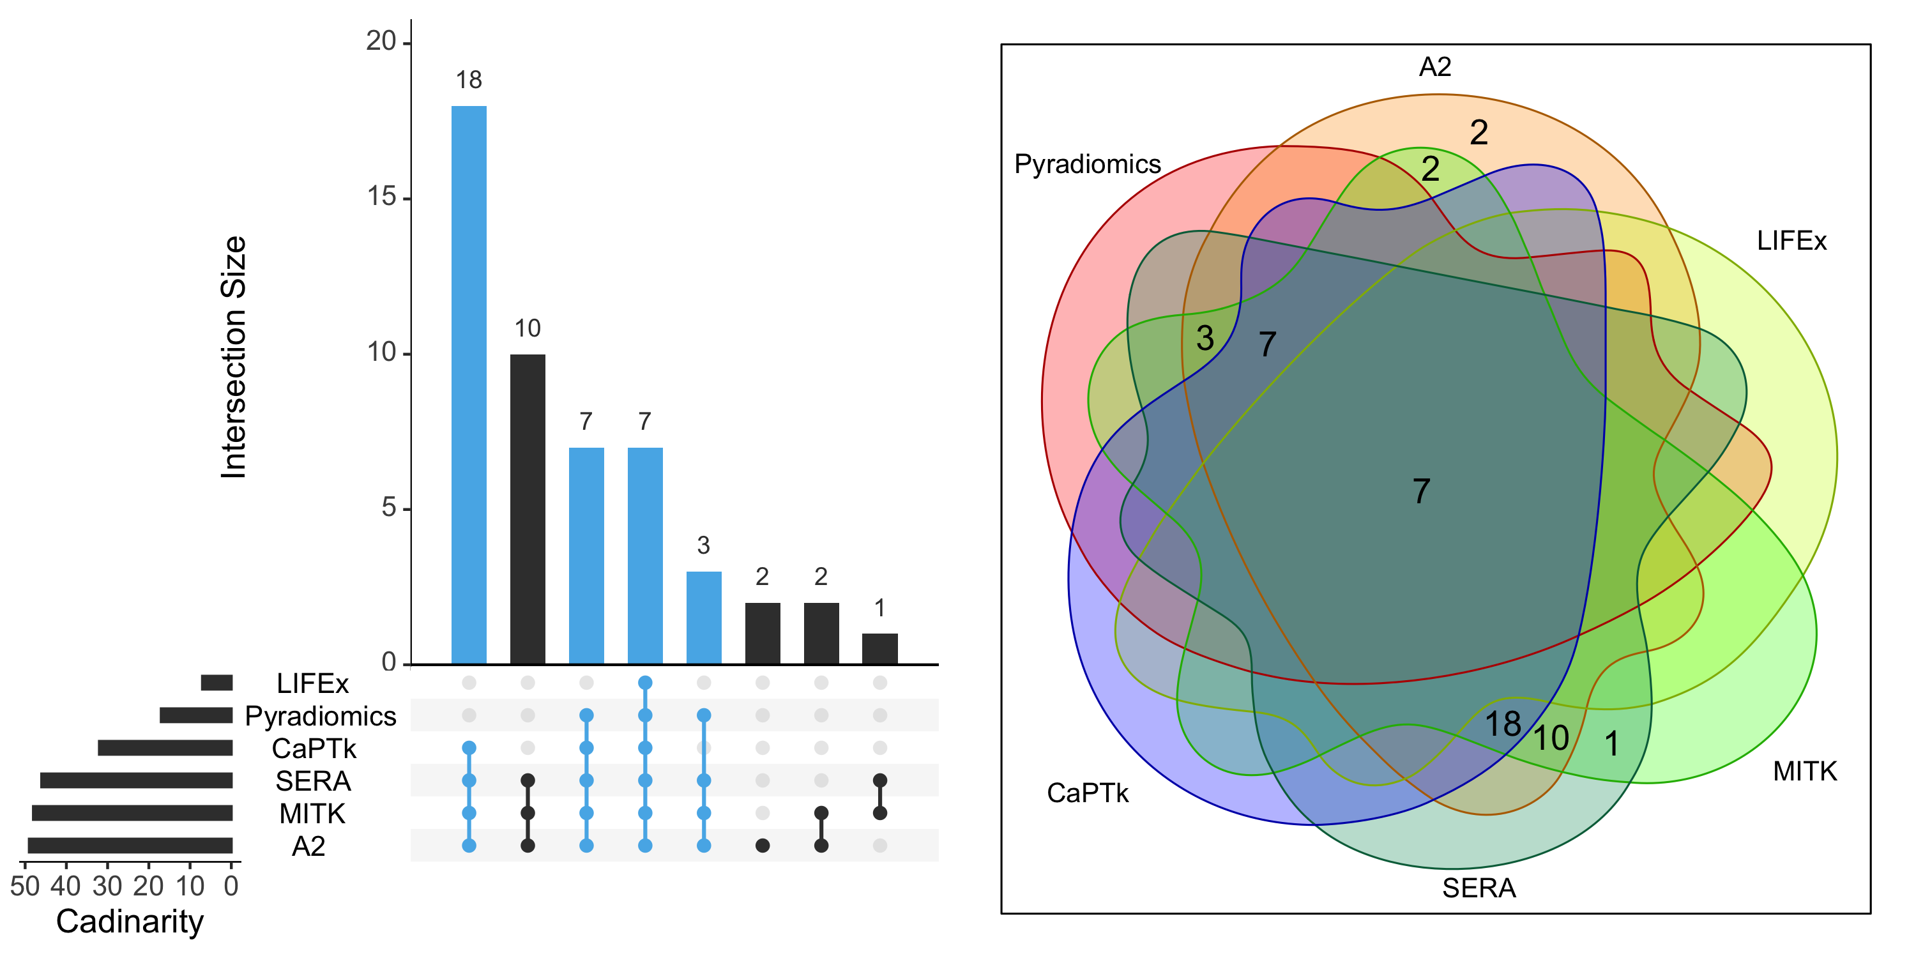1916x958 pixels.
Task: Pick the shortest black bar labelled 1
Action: point(880,649)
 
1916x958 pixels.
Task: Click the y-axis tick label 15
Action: point(381,197)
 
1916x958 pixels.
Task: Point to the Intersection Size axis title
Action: point(234,357)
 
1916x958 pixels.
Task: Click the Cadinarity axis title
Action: point(130,922)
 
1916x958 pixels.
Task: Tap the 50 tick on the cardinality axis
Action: point(24,886)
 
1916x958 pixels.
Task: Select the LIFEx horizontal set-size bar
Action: point(217,682)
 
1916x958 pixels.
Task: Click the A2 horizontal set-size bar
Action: point(130,846)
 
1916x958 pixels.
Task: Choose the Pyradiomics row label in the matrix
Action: point(321,715)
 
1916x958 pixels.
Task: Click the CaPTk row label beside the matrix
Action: point(314,749)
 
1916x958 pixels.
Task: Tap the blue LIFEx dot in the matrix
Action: point(645,683)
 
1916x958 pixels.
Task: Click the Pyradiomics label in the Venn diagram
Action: point(1088,163)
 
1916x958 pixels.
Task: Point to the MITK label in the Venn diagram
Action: point(1804,772)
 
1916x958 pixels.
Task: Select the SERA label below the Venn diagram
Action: point(1479,888)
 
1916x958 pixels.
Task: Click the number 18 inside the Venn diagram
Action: point(1502,724)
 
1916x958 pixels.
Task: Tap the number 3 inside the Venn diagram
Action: point(1205,338)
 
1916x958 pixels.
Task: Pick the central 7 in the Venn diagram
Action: point(1420,491)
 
